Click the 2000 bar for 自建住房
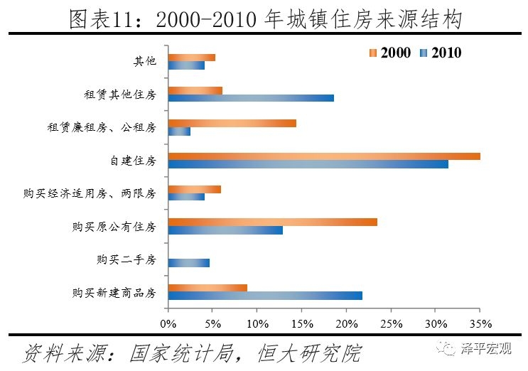coord(324,156)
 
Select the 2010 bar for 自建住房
coord(308,164)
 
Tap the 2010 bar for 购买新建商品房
coord(265,295)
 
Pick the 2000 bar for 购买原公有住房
coord(273,222)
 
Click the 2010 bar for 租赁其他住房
coord(251,98)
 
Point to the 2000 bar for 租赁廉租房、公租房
coord(232,124)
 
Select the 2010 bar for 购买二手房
coord(189,262)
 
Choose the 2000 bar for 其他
coord(192,58)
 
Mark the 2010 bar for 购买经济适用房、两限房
coord(186,197)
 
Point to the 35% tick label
coord(480,324)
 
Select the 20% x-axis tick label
coord(346,324)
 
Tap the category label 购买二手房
coord(126,259)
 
